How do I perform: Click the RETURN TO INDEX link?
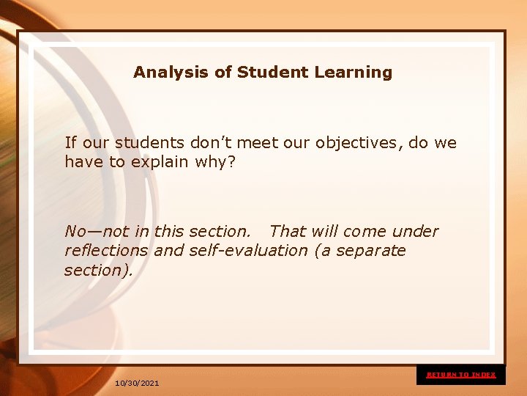[461, 375]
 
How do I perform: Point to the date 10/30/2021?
[137, 384]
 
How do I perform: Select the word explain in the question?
[160, 161]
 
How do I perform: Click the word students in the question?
[150, 143]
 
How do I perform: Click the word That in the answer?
[287, 232]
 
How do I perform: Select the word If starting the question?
[70, 143]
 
